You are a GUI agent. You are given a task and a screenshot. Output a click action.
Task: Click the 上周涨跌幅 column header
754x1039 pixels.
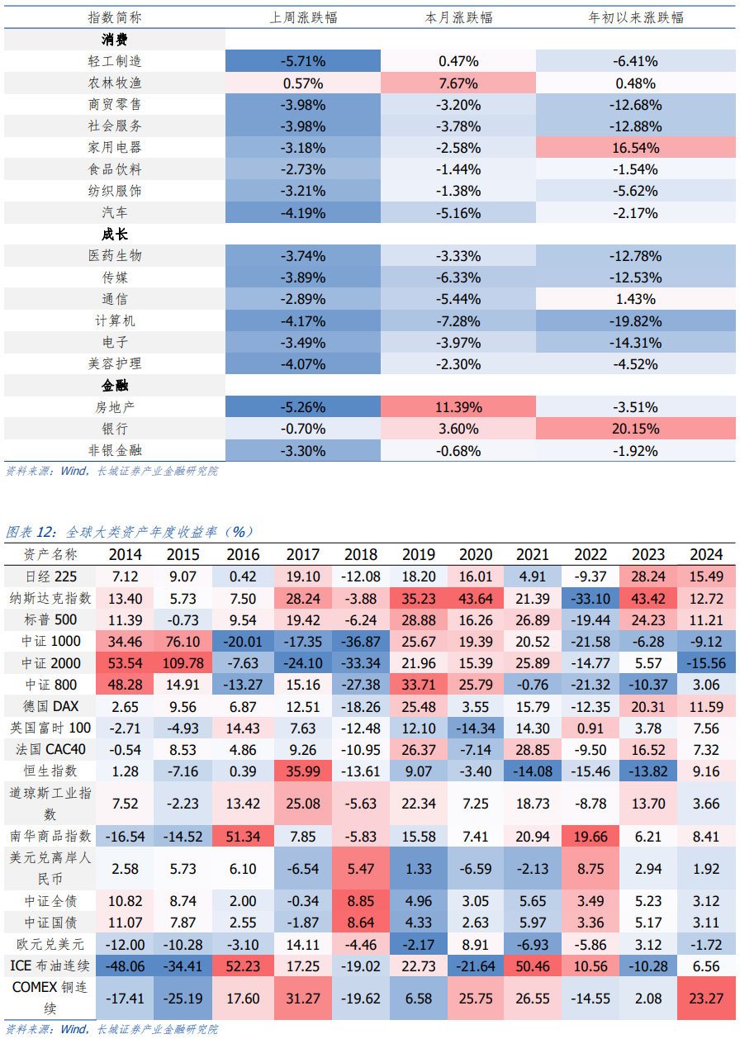(303, 17)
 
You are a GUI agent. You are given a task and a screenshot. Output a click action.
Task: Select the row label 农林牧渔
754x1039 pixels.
(115, 83)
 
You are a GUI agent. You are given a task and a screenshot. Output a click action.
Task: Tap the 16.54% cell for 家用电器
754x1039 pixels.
(635, 148)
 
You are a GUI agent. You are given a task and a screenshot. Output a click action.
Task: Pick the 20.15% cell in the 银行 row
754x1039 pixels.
(635, 429)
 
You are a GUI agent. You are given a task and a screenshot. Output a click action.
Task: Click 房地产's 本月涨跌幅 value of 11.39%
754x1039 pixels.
(458, 407)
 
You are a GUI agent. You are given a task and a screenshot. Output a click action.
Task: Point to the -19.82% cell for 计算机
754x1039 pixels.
(635, 320)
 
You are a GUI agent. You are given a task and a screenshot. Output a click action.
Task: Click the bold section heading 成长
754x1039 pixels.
(115, 235)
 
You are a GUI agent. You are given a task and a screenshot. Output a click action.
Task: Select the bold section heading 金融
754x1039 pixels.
(115, 386)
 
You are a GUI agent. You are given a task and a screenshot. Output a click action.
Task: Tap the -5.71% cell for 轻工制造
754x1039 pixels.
(303, 61)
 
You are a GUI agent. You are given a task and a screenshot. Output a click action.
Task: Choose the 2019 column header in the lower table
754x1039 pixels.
(416, 555)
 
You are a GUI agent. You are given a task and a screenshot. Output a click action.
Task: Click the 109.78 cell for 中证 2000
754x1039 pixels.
(183, 663)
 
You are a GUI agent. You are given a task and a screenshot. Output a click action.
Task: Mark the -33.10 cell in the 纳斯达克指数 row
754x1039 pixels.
(590, 598)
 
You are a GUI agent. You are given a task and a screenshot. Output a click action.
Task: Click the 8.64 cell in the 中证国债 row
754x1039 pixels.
(358, 923)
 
